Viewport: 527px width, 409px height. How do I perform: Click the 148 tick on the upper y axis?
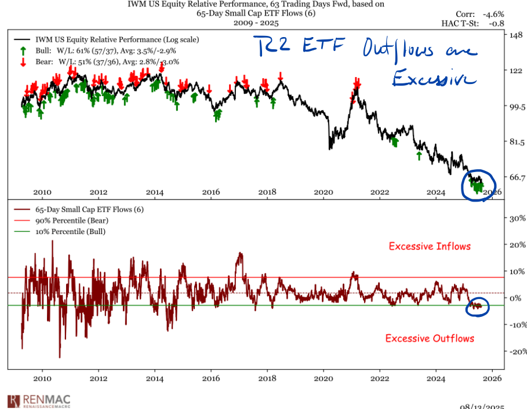[x=516, y=35]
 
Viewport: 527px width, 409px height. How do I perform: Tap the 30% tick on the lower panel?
[x=517, y=218]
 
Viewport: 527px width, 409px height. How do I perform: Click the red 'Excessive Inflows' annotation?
[x=430, y=246]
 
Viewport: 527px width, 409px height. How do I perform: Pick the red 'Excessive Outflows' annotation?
[x=430, y=338]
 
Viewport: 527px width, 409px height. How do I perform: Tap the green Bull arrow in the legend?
[x=23, y=51]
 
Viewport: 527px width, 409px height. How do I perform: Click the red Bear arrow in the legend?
[x=23, y=61]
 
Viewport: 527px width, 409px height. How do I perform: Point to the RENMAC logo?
[x=35, y=401]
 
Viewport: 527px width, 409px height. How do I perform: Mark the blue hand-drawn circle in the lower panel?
[x=478, y=306]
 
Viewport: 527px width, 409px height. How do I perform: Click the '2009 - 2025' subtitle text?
[x=255, y=23]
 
